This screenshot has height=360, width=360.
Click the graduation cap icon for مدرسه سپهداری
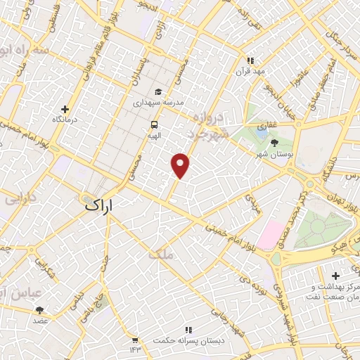pyautogui.click(x=158, y=91)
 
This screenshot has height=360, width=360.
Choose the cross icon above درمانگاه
pyautogui.click(x=65, y=109)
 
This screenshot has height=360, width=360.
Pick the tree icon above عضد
pyautogui.click(x=39, y=309)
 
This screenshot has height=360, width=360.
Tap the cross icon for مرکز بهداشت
pyautogui.click(x=335, y=275)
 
